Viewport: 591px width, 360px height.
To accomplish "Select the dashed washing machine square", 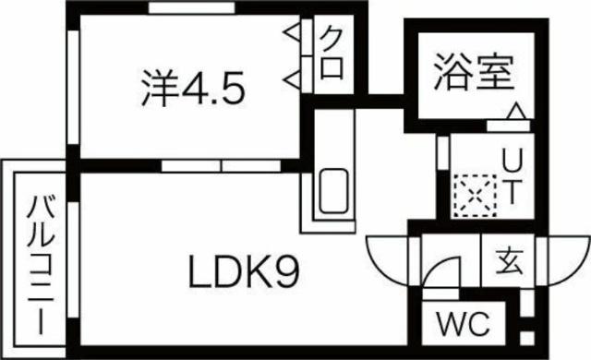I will (472, 194).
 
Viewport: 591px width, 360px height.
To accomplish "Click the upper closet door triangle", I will (293, 35).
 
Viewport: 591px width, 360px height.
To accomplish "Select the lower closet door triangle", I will (293, 77).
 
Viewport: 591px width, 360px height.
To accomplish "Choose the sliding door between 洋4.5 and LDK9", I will (223, 166).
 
